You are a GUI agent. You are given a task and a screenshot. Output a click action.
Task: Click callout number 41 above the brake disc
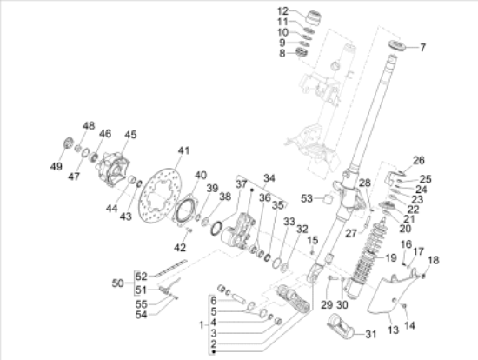[183, 150]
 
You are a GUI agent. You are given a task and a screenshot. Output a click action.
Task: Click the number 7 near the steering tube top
[423, 47]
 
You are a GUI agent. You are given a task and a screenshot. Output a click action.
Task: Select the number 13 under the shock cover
[392, 331]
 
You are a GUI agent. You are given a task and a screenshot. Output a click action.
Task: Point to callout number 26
[418, 160]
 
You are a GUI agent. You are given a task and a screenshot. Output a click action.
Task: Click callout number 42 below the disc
[180, 248]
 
